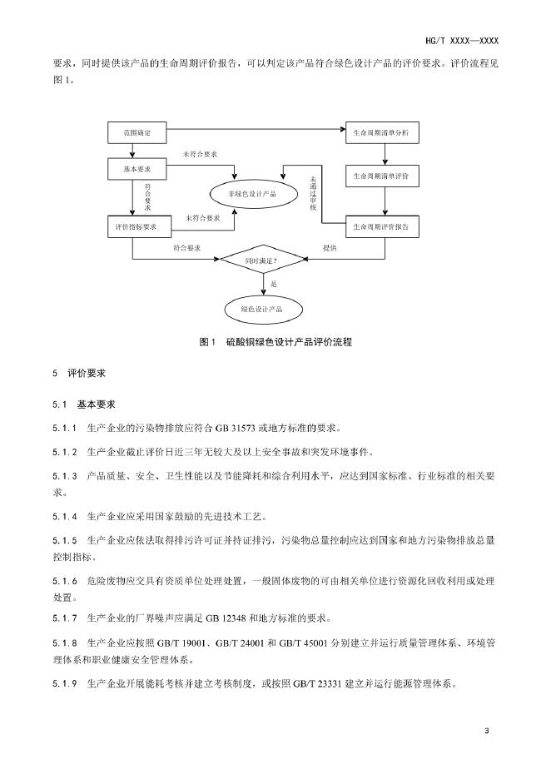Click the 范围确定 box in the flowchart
tap(139, 132)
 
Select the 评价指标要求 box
tap(139, 226)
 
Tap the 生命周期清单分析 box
tap(382, 132)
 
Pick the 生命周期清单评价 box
tap(382, 177)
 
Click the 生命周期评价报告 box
tap(382, 226)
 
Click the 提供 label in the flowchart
tap(330, 247)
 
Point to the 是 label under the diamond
tap(273, 285)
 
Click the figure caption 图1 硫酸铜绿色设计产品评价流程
tap(275, 342)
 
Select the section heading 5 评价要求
tap(79, 374)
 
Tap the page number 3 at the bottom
tap(486, 731)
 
